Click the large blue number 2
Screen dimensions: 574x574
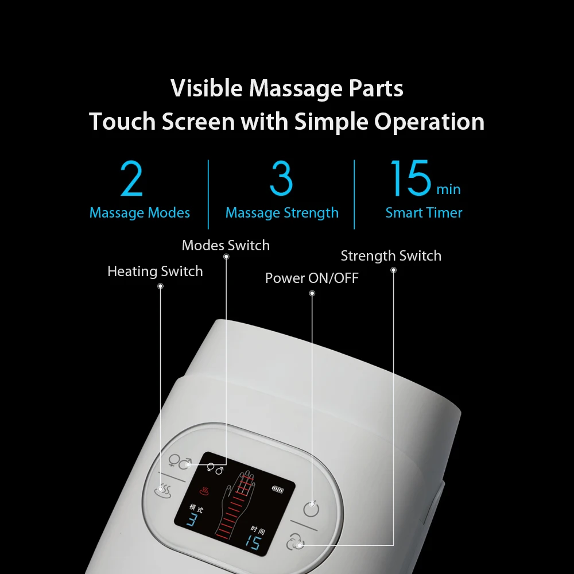131,180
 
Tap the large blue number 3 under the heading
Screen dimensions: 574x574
281,179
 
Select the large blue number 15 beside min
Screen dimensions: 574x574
410,179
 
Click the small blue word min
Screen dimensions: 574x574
448,189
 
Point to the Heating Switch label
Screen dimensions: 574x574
155,272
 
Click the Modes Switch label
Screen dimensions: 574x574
226,246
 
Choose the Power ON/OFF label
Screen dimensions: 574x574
312,278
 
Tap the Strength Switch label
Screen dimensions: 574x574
391,256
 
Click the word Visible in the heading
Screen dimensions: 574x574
207,89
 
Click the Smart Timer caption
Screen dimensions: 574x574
424,213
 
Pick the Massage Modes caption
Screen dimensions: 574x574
139,213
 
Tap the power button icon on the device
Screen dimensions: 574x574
311,509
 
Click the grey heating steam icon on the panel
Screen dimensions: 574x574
164,491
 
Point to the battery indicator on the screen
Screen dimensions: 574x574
277,490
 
